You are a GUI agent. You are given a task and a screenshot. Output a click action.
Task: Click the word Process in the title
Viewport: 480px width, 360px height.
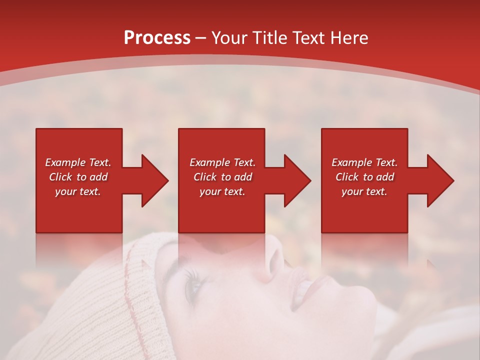157,38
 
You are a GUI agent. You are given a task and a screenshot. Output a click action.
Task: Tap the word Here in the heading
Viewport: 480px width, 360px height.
349,38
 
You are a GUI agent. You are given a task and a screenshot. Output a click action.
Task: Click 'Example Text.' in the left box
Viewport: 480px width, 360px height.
78,162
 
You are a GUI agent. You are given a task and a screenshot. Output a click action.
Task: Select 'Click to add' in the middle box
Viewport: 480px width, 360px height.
222,177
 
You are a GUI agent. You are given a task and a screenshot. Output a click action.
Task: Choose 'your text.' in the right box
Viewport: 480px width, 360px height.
364,191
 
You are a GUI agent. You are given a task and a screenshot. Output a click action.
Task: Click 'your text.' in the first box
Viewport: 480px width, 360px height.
78,191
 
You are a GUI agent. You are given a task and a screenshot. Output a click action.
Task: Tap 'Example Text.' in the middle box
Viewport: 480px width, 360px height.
222,162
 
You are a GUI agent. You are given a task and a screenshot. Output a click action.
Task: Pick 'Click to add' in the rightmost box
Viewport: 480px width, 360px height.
364,177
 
